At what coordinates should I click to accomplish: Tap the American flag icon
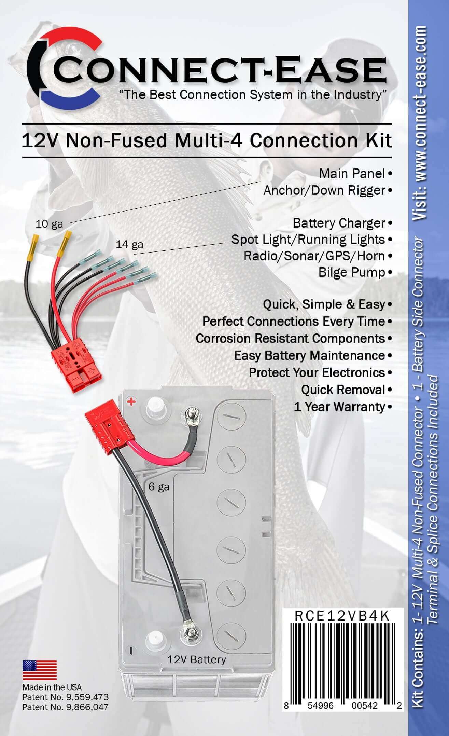coord(40,670)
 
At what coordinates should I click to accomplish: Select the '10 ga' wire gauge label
coord(49,224)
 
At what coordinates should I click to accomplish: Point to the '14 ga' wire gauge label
coord(129,244)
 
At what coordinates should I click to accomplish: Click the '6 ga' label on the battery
coord(159,486)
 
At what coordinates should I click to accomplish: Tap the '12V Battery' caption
coord(196,659)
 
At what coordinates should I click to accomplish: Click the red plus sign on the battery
coord(131,401)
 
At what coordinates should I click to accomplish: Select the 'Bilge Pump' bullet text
coord(351,272)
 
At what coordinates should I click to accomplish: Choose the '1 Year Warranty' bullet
coord(339,407)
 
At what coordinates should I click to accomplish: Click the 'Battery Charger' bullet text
coord(339,223)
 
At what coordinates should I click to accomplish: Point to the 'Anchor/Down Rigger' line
coord(324,190)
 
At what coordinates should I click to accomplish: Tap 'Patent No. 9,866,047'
coord(65,706)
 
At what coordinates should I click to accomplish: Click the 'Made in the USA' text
coord(52,687)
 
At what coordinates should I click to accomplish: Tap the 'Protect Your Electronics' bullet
coord(317,372)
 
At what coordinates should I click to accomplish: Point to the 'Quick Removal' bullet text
coord(343,390)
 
